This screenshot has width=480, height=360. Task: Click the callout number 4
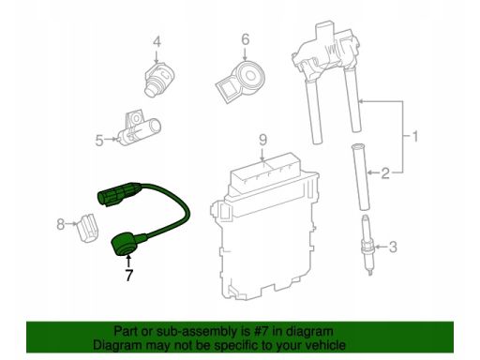(x=157, y=42)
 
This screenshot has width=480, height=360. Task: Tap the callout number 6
(x=246, y=40)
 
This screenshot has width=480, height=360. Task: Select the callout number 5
(x=99, y=141)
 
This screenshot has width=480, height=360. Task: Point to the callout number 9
(x=263, y=140)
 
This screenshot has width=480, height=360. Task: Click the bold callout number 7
(x=128, y=275)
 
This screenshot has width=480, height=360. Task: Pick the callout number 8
(x=60, y=224)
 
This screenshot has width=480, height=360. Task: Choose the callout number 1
(x=414, y=136)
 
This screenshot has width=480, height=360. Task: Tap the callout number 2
(x=385, y=173)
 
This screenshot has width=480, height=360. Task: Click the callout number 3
(x=393, y=247)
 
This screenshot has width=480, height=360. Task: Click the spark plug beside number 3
(x=367, y=245)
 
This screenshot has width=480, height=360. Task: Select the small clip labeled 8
(x=87, y=227)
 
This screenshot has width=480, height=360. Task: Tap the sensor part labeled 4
(x=159, y=79)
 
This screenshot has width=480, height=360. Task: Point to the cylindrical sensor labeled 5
(x=139, y=128)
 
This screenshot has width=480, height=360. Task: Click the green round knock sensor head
(x=127, y=246)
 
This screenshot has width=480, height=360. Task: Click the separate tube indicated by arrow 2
(x=361, y=176)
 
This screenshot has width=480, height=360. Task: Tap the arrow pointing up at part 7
(x=127, y=262)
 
